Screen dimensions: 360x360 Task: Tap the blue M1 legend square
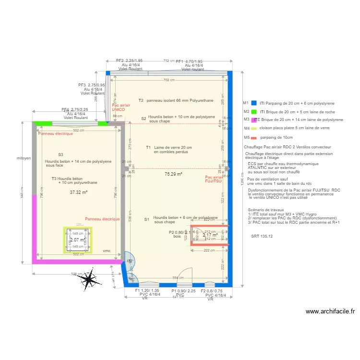pyautogui.click(x=254, y=103)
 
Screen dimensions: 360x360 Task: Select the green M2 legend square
pyautogui.click(x=254, y=111)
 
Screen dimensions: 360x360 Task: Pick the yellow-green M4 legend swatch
pyautogui.click(x=254, y=129)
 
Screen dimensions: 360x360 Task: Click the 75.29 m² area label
pyautogui.click(x=173, y=174)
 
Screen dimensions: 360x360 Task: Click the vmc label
pyautogui.click(x=107, y=251)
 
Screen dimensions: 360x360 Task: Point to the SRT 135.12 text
pyautogui.click(x=262, y=236)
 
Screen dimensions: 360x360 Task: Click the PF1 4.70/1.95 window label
pyautogui.click(x=189, y=61)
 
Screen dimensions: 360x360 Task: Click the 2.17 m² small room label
pyautogui.click(x=210, y=235)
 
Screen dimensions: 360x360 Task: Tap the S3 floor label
pyautogui.click(x=60, y=155)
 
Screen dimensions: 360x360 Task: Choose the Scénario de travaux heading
pyautogui.click(x=266, y=210)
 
